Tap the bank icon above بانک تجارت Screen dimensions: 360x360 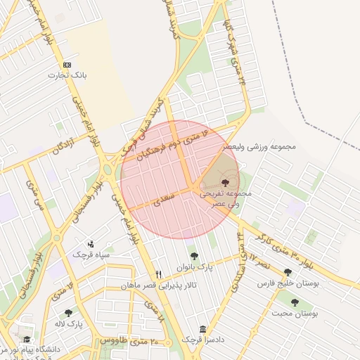pos(67,64)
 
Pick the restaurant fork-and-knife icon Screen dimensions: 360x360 pos(158,274)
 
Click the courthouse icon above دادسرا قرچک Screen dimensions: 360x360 pos(202,329)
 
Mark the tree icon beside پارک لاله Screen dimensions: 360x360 pos(68,313)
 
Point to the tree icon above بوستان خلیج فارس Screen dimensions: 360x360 pos(287,272)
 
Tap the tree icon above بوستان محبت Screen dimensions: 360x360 pos(295,302)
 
